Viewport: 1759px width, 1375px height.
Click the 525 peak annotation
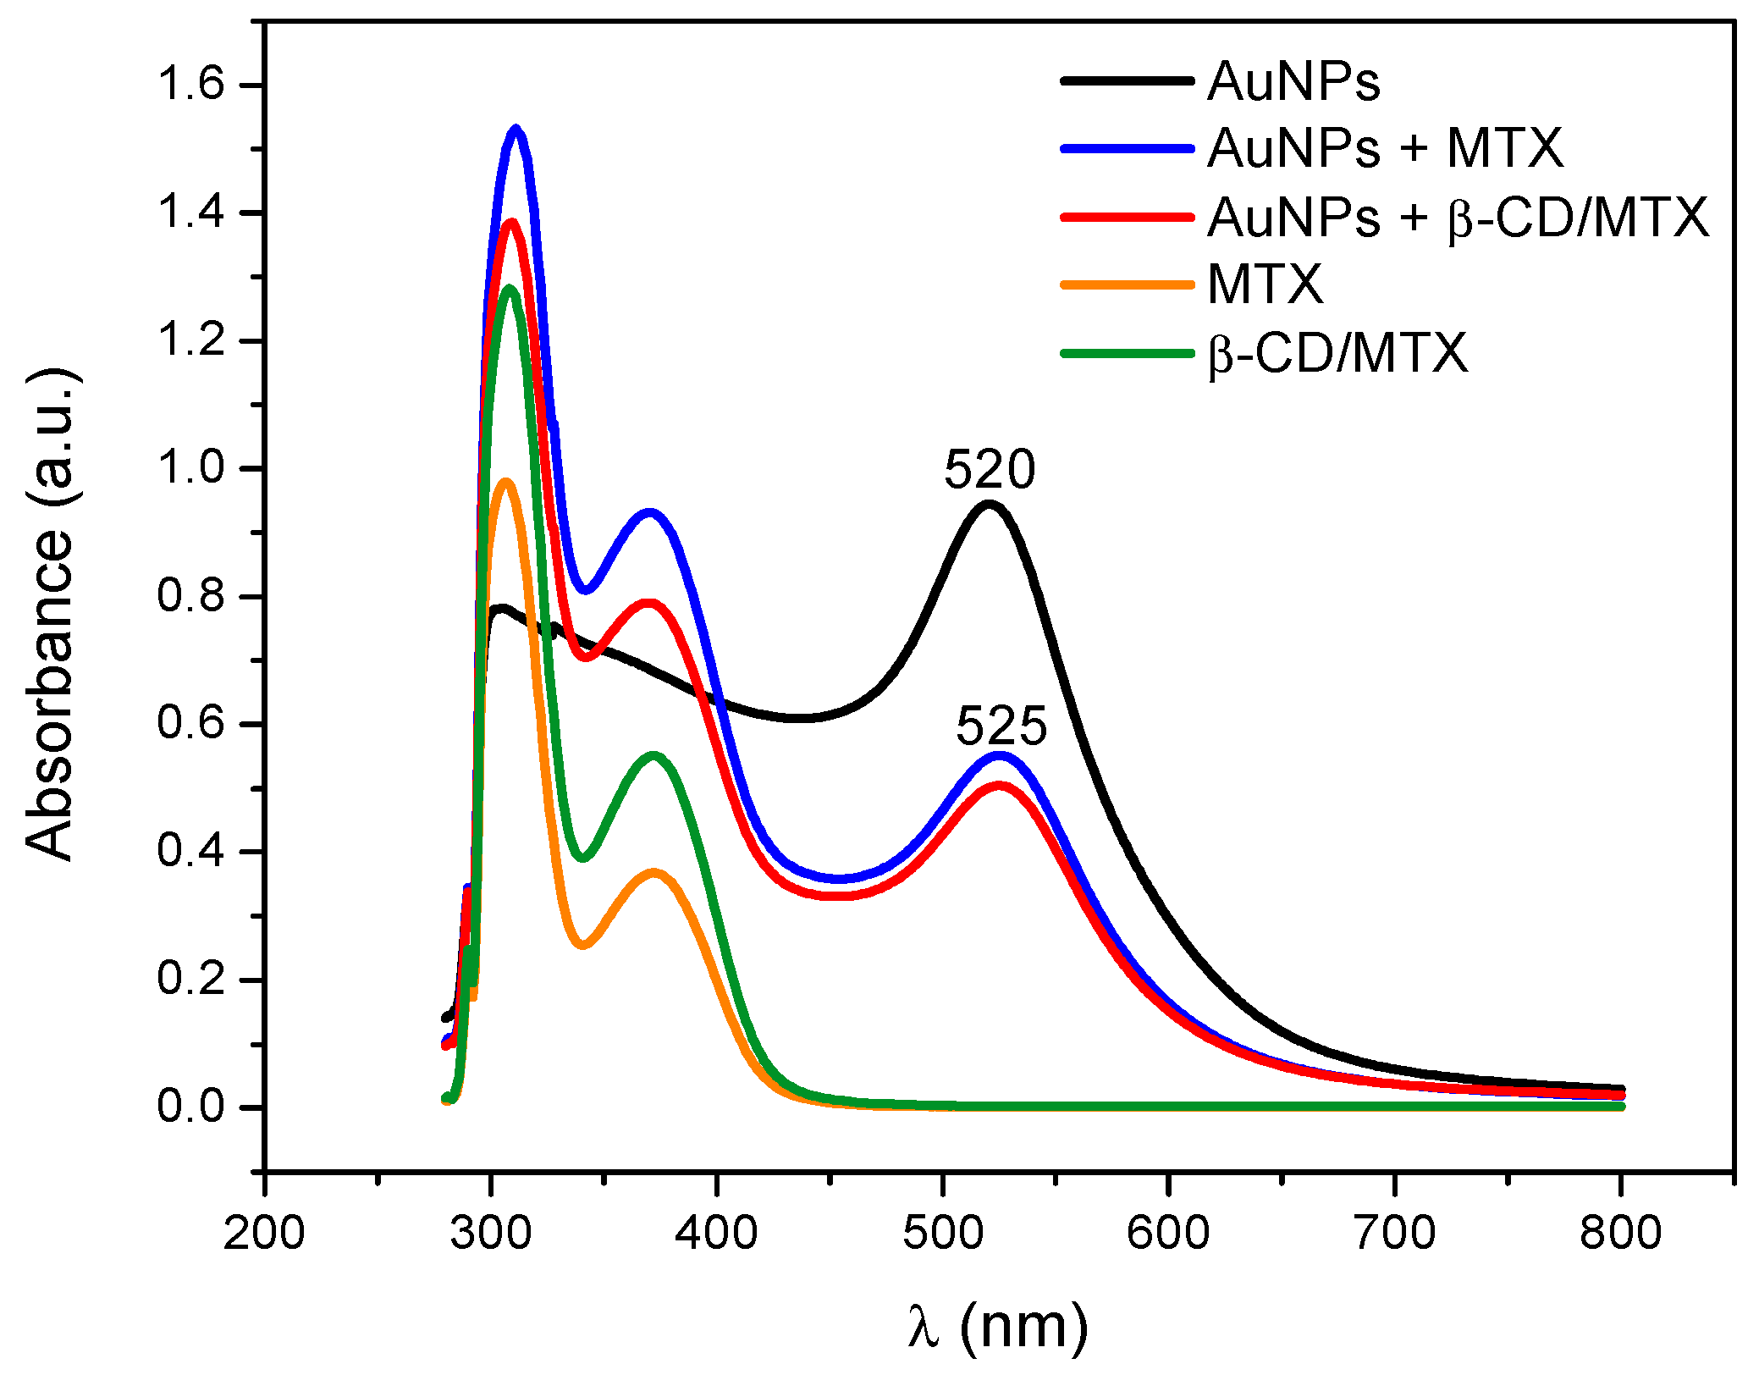click(x=1001, y=726)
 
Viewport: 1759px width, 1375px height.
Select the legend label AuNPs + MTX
click(x=1385, y=148)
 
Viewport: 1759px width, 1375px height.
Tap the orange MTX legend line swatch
click(x=1127, y=284)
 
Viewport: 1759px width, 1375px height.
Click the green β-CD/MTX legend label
click(x=1337, y=353)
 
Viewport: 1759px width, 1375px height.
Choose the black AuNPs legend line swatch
click(x=1127, y=80)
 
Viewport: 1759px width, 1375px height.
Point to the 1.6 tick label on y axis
click(x=190, y=85)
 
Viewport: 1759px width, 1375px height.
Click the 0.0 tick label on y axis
click(x=190, y=1107)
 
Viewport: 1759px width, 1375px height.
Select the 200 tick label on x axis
click(x=263, y=1232)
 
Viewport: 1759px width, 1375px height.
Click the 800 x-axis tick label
click(x=1620, y=1232)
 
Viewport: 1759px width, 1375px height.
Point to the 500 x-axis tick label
click(x=942, y=1232)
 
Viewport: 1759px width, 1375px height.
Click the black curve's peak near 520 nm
click(x=989, y=505)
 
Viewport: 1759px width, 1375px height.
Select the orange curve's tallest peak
click(x=505, y=482)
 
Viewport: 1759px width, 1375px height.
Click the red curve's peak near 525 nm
click(x=1000, y=785)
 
